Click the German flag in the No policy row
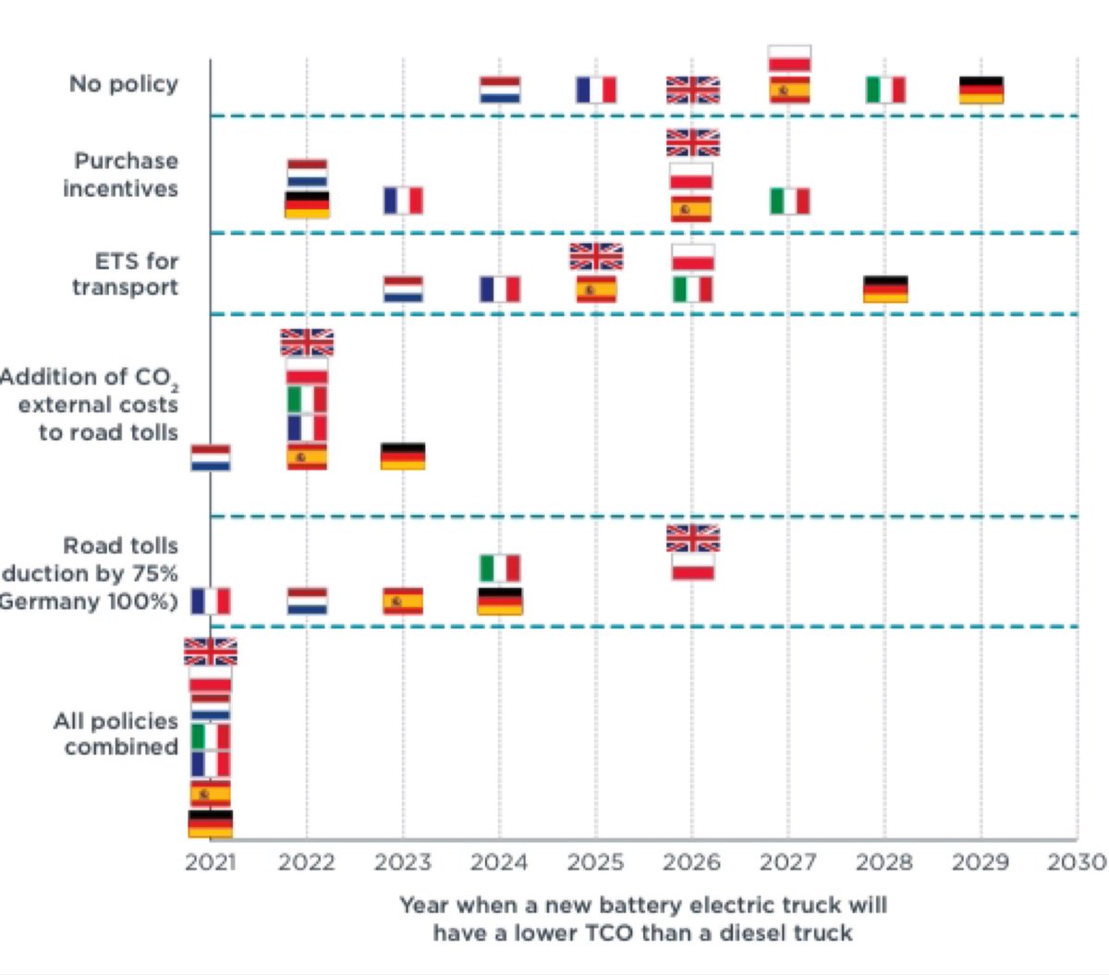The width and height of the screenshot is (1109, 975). (981, 91)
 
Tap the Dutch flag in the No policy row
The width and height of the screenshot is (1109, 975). (500, 91)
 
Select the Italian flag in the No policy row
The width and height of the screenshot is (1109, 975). (885, 91)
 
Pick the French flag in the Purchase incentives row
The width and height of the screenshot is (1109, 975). (404, 201)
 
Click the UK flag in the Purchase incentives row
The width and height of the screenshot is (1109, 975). (692, 143)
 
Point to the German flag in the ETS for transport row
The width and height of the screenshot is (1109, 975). (885, 289)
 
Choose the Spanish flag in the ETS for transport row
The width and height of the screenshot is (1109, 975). (596, 289)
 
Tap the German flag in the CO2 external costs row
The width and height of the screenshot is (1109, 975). (403, 457)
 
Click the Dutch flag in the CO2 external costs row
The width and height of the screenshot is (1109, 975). (211, 457)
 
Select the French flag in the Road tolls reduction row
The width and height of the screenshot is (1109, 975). (211, 602)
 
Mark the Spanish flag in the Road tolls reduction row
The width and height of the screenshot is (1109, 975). (403, 602)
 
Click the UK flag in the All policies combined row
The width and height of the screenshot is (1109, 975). (211, 652)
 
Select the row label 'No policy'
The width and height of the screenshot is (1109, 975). (123, 84)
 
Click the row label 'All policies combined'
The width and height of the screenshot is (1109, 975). (116, 734)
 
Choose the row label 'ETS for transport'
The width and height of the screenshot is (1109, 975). (126, 274)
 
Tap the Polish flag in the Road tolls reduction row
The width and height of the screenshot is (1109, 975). (692, 567)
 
